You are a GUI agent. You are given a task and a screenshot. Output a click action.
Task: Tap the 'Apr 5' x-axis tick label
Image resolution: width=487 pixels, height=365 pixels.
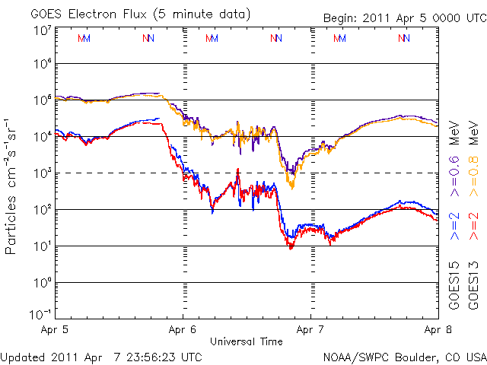point(56,331)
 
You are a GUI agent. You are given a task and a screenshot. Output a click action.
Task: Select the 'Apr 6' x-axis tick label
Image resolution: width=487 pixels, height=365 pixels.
point(183,331)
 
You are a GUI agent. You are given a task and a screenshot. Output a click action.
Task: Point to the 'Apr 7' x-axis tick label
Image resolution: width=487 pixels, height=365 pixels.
point(310,331)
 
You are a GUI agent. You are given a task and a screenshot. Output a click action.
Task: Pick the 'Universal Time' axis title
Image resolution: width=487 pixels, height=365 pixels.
point(247,341)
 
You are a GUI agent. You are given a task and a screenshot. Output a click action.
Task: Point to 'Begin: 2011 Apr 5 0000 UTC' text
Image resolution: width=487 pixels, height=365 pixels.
point(403,17)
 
